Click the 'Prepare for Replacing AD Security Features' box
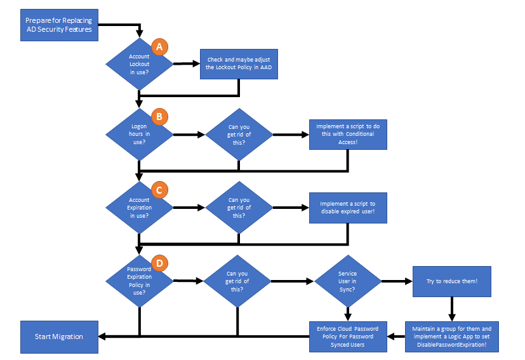[59, 25]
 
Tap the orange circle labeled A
[159, 46]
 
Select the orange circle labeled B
[159, 117]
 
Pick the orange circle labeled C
[159, 189]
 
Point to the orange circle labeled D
[159, 262]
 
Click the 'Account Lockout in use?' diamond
[139, 64]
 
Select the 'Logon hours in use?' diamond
[139, 135]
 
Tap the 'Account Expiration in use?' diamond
[139, 207]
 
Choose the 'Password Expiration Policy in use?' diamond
[139, 280]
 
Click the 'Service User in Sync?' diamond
[347, 280]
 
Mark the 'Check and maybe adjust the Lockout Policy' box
[239, 63]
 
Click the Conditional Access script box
[348, 134]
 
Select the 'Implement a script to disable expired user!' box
[348, 207]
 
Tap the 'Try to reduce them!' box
[452, 281]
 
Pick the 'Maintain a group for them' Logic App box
[452, 336]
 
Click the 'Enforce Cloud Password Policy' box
[348, 336]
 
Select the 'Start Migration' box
[59, 336]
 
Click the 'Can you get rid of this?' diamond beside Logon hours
[239, 135]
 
